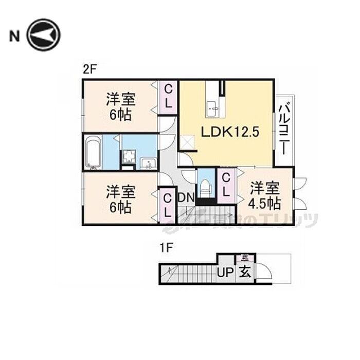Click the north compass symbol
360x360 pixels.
pyautogui.click(x=44, y=35)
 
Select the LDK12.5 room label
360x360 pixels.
pyautogui.click(x=229, y=132)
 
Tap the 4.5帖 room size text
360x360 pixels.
pyautogui.click(x=265, y=203)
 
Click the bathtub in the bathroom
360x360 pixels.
pyautogui.click(x=93, y=152)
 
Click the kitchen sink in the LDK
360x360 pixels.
pyautogui.click(x=212, y=107)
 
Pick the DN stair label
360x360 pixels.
pyautogui.click(x=185, y=197)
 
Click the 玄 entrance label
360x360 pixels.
pyautogui.click(x=244, y=272)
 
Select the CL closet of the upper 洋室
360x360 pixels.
pyautogui.click(x=168, y=96)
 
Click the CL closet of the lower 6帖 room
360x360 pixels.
pyautogui.click(x=168, y=204)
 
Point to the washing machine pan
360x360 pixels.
pyautogui.click(x=128, y=158)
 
